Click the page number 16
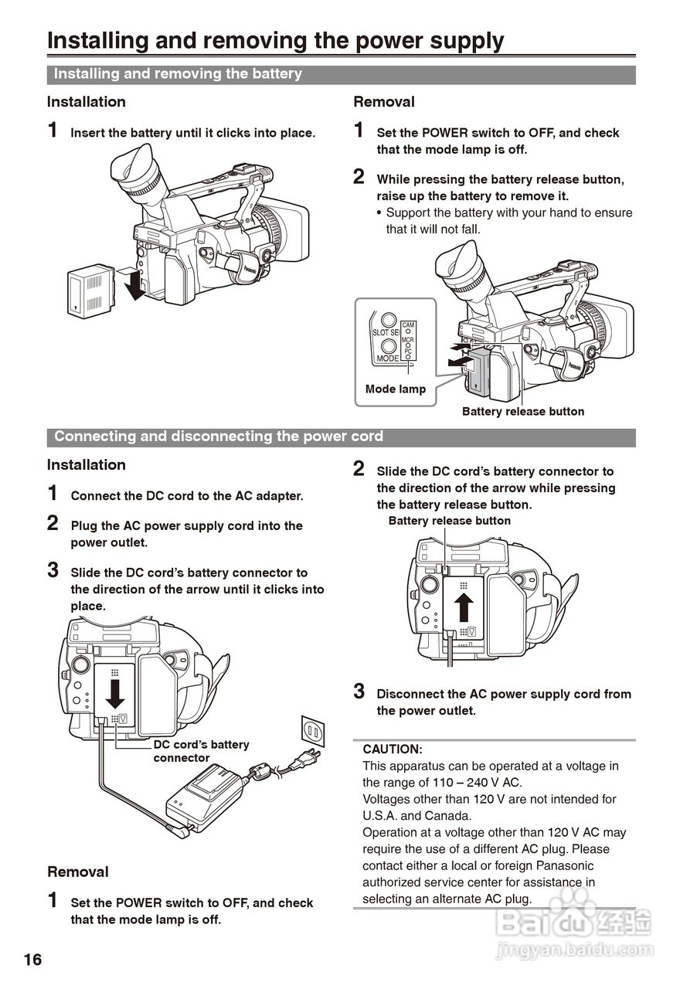32,960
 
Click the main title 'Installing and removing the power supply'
276,40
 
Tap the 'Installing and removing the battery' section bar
340,74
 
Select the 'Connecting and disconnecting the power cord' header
340,437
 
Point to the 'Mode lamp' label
395,389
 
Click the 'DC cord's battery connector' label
201,751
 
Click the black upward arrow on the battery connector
463,606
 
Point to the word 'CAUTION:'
393,749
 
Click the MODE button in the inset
389,347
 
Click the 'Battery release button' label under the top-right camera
522,412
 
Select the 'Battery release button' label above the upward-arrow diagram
449,521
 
